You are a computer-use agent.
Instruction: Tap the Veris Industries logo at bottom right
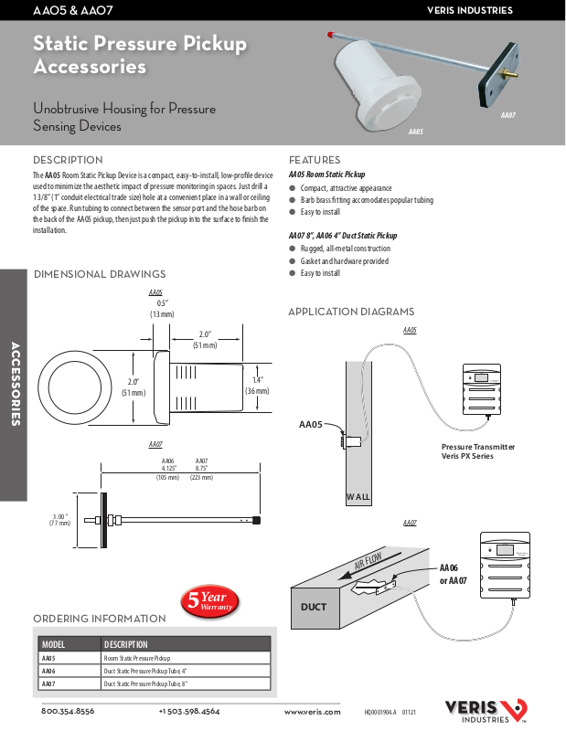tap(485, 710)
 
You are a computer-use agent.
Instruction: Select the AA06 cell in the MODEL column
tap(50, 671)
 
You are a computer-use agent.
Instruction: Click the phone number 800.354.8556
tap(68, 711)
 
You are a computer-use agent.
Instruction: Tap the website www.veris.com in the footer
tap(312, 711)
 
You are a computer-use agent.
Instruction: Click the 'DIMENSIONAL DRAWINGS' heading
tap(100, 274)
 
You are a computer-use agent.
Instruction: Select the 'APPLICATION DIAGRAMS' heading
tap(351, 313)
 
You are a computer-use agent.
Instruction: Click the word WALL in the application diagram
tap(358, 497)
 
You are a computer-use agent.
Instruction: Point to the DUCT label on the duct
tap(314, 607)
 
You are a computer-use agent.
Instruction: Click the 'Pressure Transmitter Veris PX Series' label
tap(477, 450)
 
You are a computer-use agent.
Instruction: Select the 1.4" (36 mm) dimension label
tap(257, 386)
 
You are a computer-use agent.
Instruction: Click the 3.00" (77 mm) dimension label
tap(59, 520)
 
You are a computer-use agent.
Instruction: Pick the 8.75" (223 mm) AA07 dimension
tap(201, 470)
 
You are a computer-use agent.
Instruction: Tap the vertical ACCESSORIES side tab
tap(16, 384)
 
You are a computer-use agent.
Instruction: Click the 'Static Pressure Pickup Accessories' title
tap(139, 55)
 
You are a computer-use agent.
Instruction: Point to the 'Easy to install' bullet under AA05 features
tap(320, 212)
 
